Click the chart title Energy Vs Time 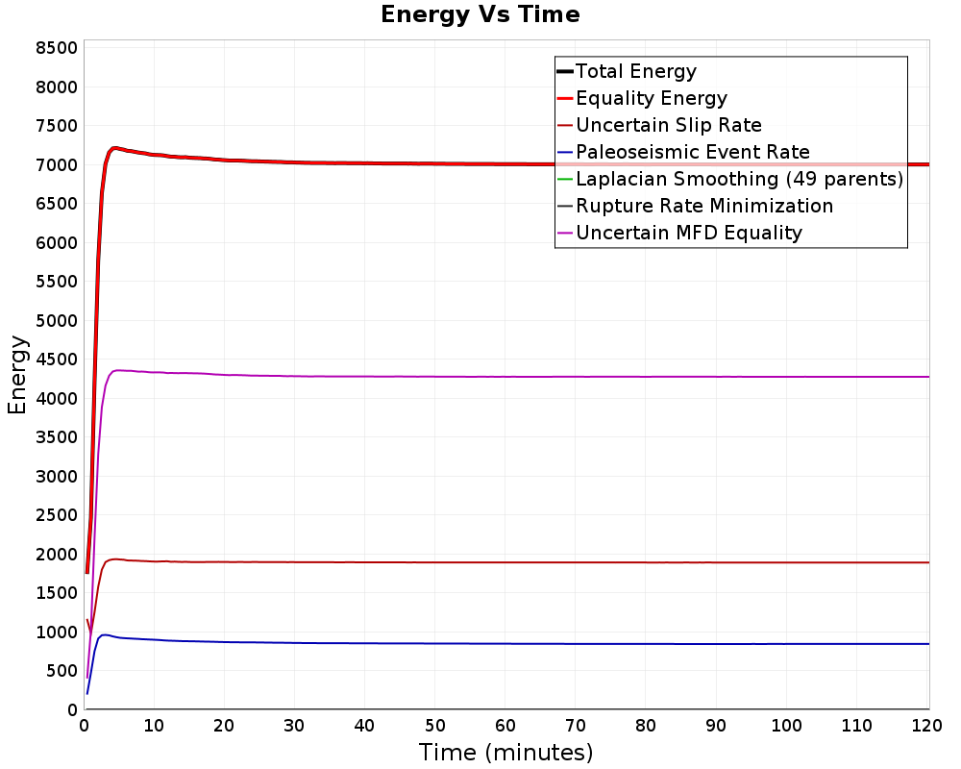tap(480, 14)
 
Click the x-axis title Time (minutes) tap(505, 752)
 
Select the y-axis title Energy tap(17, 375)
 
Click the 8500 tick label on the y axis tap(57, 48)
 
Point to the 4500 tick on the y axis tap(57, 360)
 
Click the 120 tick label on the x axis tap(926, 726)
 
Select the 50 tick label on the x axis tap(434, 726)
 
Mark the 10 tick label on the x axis tap(154, 726)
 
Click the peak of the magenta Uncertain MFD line tap(117, 370)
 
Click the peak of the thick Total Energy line tap(114, 148)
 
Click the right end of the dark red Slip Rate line tap(929, 562)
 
